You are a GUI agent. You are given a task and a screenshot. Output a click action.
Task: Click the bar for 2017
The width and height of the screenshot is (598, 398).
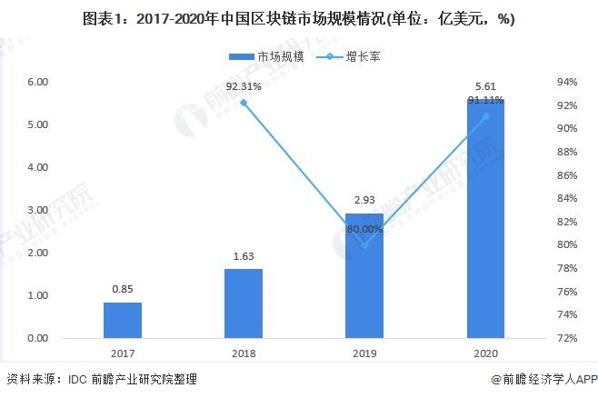(122, 320)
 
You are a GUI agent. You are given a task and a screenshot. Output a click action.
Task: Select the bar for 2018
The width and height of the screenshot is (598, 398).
(243, 303)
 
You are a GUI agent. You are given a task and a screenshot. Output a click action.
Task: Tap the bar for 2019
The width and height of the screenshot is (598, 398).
(364, 275)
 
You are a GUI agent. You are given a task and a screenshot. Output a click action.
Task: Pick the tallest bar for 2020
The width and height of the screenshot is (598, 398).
(485, 218)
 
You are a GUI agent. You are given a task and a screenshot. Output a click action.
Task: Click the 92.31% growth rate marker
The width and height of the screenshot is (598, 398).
(243, 103)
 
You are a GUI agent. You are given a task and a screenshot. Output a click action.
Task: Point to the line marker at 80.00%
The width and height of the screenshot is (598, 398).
(364, 244)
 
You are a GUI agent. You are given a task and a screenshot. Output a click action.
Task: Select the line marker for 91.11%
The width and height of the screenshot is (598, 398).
(485, 116)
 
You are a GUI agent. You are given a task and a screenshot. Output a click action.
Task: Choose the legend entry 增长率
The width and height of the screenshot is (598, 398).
(345, 57)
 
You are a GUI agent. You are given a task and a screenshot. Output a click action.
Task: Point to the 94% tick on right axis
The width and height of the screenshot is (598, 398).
(567, 82)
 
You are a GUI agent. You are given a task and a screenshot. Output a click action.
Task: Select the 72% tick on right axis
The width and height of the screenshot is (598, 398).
(567, 338)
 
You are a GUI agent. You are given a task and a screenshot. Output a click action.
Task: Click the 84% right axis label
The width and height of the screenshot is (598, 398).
(567, 198)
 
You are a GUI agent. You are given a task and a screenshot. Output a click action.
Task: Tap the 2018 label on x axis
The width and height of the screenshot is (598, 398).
(243, 353)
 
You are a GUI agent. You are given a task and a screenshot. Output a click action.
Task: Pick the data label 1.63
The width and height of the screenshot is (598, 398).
(243, 257)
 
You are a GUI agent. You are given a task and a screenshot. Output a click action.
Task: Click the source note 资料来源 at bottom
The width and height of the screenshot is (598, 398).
(101, 379)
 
